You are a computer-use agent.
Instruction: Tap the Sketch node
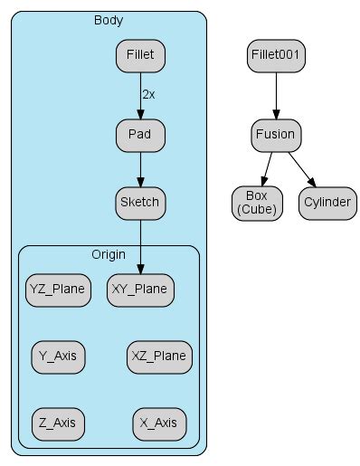[x=140, y=202]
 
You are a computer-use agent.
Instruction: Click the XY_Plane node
[x=140, y=290]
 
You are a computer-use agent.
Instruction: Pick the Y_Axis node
[x=58, y=356]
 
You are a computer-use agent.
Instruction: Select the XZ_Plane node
[x=157, y=356]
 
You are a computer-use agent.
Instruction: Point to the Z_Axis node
[x=58, y=422]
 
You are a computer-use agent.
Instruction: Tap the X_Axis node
[x=157, y=422]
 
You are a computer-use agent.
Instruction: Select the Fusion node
[x=276, y=136]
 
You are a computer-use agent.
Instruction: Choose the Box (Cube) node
[x=256, y=203]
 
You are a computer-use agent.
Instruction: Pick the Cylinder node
[x=327, y=203]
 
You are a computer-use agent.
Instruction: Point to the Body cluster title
[x=109, y=19]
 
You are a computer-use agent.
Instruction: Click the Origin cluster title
[x=108, y=253]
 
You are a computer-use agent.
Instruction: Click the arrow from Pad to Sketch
[x=140, y=168]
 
